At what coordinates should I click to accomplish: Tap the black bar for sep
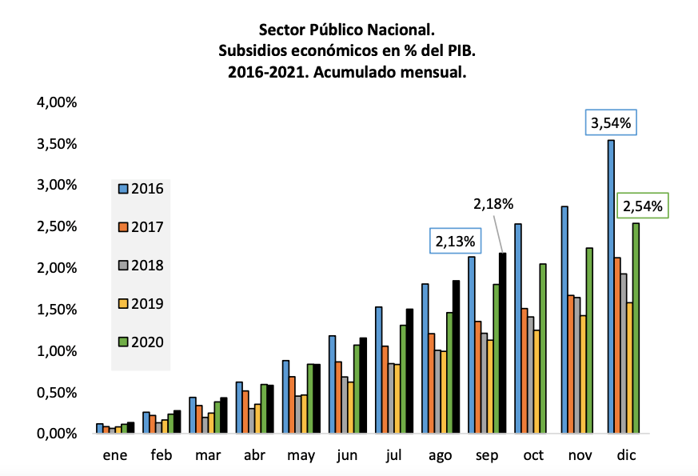[502, 343]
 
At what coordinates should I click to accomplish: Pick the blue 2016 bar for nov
[564, 320]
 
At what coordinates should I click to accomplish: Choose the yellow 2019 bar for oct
[536, 382]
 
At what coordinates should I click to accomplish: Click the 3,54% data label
[611, 124]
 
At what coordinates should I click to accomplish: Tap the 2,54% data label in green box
[642, 206]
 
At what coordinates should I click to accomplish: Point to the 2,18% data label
[493, 205]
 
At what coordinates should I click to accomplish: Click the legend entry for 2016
[141, 190]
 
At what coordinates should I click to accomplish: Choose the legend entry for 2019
[141, 304]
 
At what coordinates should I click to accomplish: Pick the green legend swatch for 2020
[123, 342]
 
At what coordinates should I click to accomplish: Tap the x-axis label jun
[348, 455]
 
